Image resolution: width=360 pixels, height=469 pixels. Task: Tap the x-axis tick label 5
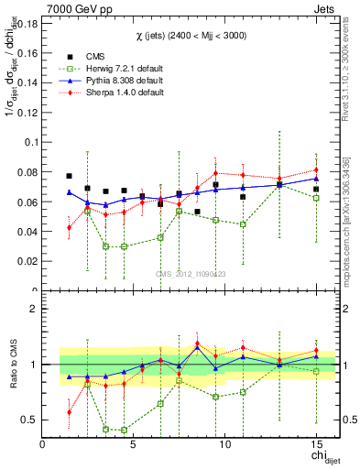click(134, 445)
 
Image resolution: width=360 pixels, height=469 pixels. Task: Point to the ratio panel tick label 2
click(35, 309)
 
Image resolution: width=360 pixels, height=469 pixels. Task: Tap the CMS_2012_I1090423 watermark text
click(190, 275)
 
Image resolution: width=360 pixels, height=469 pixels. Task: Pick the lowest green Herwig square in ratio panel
click(124, 430)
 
